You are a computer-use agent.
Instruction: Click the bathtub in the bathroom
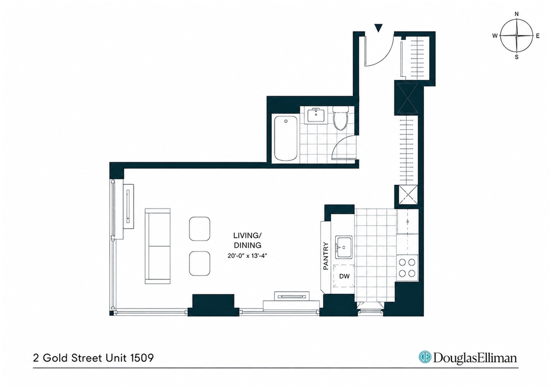click(285, 138)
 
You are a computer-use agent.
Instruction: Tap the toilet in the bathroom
click(340, 119)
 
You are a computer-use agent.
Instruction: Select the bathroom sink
click(316, 115)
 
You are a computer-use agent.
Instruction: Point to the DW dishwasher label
click(344, 276)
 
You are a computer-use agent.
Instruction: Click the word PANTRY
click(326, 256)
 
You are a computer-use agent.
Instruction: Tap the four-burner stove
click(407, 268)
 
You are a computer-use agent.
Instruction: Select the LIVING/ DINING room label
click(248, 240)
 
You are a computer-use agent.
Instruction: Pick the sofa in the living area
click(158, 246)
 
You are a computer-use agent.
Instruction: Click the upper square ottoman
click(200, 229)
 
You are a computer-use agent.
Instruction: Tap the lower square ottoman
click(200, 263)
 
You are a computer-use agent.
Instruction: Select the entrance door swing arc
click(386, 56)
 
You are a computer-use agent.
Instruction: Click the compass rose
click(517, 35)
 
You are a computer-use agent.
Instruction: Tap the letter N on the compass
click(517, 15)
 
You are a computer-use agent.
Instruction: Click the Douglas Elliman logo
click(468, 357)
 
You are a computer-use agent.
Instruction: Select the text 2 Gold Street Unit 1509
click(93, 358)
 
